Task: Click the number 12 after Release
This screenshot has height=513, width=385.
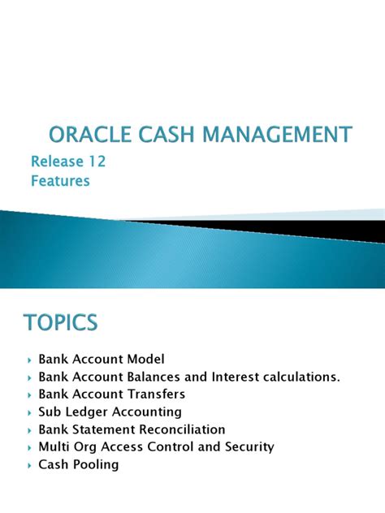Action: click(x=97, y=162)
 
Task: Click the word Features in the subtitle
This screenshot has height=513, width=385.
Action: click(x=60, y=180)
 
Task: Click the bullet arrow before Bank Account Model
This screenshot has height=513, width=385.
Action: click(x=29, y=359)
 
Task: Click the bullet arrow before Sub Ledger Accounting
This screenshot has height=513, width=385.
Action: click(x=29, y=412)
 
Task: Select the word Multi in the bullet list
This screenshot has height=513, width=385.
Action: click(x=54, y=447)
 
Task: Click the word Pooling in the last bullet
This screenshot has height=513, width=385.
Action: click(x=96, y=465)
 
